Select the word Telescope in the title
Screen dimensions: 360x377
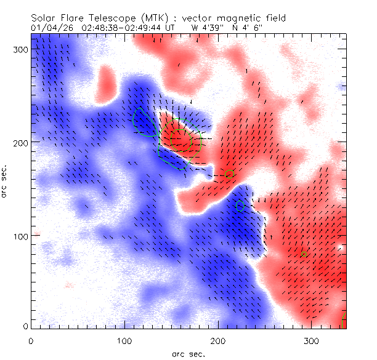[111, 18]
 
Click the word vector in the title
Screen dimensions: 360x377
[200, 18]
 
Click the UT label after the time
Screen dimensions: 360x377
[170, 28]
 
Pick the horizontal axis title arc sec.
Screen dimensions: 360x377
[188, 353]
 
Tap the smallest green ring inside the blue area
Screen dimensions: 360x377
[240, 206]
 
